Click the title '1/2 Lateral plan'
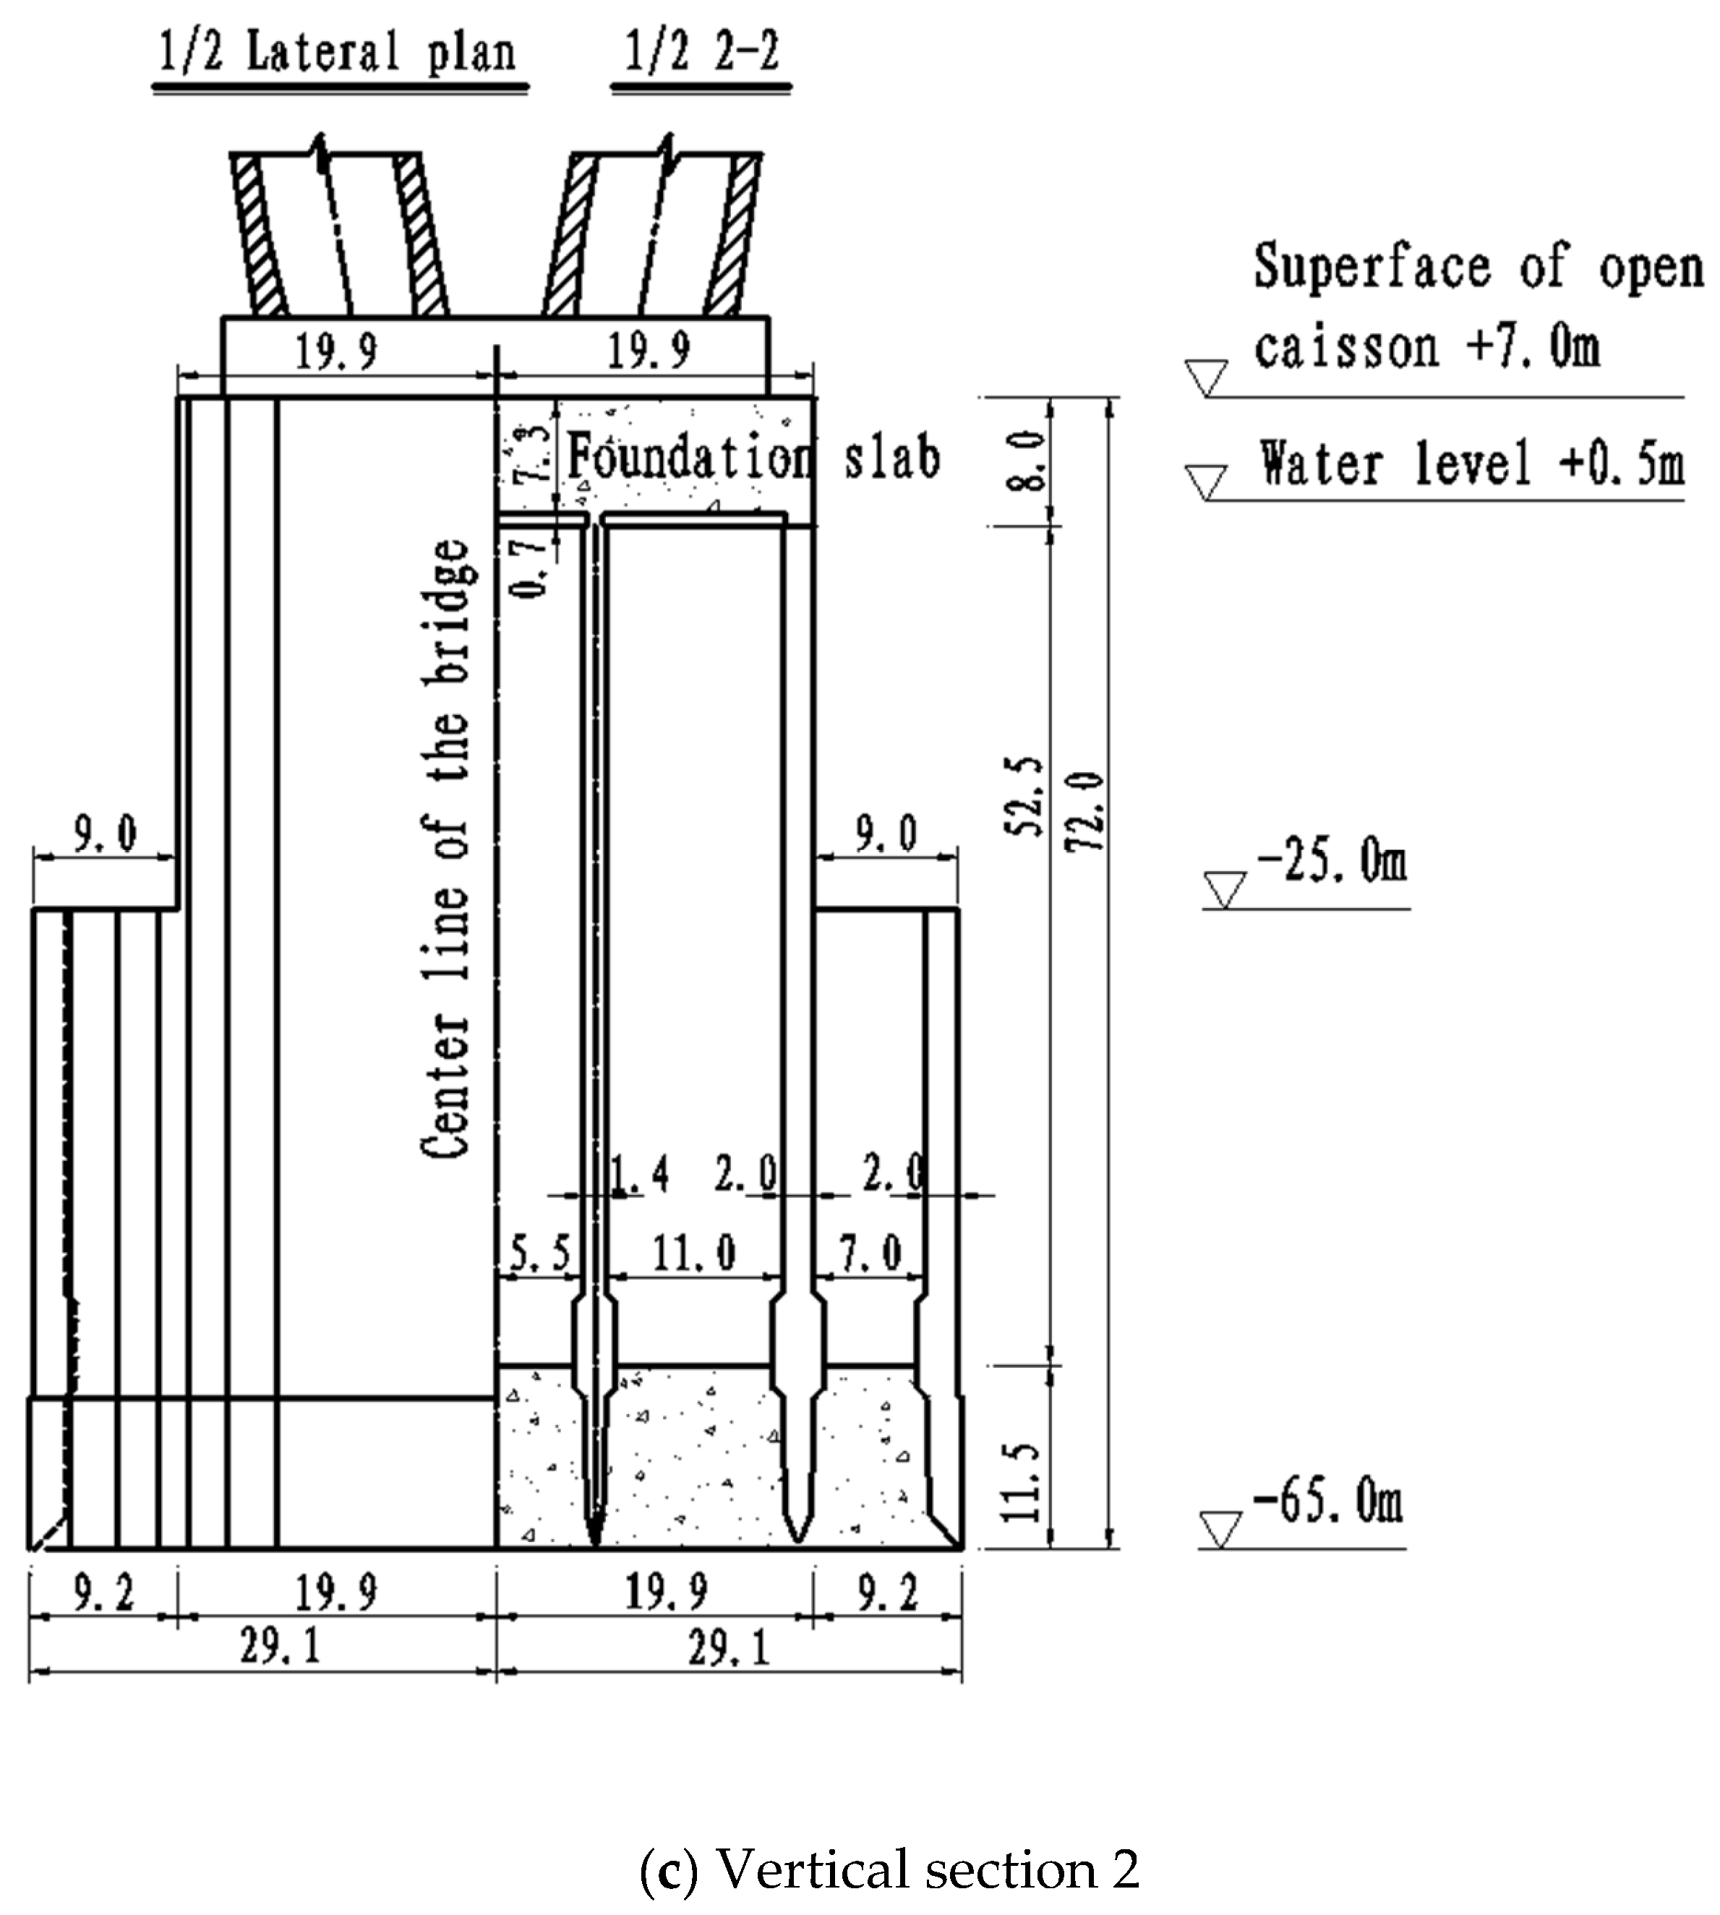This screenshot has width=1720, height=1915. pyautogui.click(x=336, y=53)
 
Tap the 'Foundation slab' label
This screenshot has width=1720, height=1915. pyautogui.click(x=753, y=458)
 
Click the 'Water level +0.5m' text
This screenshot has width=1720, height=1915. pyautogui.click(x=1471, y=464)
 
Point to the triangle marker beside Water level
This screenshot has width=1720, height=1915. pyautogui.click(x=1207, y=481)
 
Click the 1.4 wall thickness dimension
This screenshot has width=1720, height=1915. pyautogui.click(x=640, y=1174)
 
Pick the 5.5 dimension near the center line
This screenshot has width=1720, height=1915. pyautogui.click(x=539, y=1254)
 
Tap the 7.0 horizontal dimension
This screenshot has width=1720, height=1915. pyautogui.click(x=870, y=1254)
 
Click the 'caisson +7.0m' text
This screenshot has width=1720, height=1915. pyautogui.click(x=1427, y=347)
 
